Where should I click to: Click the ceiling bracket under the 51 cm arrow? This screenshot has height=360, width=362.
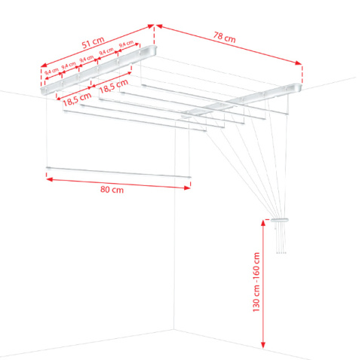click(x=98, y=68)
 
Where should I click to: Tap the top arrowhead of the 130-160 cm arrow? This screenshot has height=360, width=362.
click(x=263, y=221)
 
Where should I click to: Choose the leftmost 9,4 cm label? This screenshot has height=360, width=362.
click(x=52, y=72)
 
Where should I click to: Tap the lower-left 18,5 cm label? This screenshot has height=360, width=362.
click(x=78, y=96)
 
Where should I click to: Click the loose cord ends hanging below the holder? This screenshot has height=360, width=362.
click(x=280, y=241)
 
